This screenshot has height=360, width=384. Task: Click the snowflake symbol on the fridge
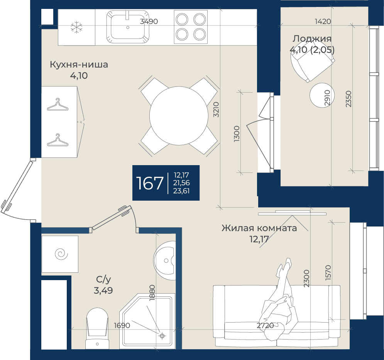76,27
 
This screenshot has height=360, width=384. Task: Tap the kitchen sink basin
128,27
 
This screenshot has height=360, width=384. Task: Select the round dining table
179,116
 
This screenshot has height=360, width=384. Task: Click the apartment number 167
150,183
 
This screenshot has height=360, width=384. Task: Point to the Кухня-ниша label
79,64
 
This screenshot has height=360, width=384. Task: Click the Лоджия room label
312,39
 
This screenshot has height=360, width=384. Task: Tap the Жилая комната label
259,228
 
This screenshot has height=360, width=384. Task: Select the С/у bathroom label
103,279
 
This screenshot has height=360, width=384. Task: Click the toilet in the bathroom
97,328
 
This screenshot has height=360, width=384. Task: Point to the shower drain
162,336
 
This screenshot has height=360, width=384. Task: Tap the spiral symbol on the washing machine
61,254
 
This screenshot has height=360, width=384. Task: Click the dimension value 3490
149,22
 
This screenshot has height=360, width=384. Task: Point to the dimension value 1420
323,22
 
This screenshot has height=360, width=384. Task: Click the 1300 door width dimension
237,134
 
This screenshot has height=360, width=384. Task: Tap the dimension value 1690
122,326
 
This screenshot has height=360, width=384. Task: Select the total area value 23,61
181,191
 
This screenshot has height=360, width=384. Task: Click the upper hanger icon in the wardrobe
58,105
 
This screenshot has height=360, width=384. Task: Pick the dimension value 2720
265,326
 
